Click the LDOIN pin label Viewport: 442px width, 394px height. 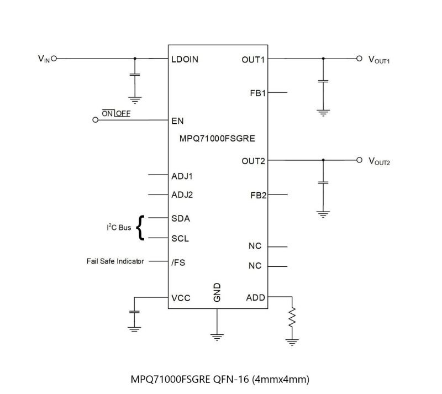[185, 59]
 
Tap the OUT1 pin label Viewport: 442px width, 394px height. [253, 59]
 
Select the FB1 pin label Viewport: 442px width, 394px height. [257, 93]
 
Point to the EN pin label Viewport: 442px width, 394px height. [177, 121]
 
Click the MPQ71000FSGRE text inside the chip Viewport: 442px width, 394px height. [217, 139]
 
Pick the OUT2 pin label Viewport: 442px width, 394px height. [253, 161]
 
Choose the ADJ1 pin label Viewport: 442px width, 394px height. [182, 177]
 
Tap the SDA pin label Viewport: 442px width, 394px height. [181, 218]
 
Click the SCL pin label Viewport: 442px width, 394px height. [181, 239]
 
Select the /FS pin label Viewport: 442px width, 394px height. [178, 262]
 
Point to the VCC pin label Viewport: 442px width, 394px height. [181, 298]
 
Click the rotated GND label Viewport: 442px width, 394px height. [217, 292]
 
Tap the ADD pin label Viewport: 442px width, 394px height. [255, 298]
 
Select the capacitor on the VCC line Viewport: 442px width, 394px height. [134, 313]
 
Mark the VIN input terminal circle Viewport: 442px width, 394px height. [54, 58]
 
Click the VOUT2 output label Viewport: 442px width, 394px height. [379, 161]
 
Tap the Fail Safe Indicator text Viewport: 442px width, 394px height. [115, 261]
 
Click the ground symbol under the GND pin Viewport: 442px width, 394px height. [217, 336]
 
